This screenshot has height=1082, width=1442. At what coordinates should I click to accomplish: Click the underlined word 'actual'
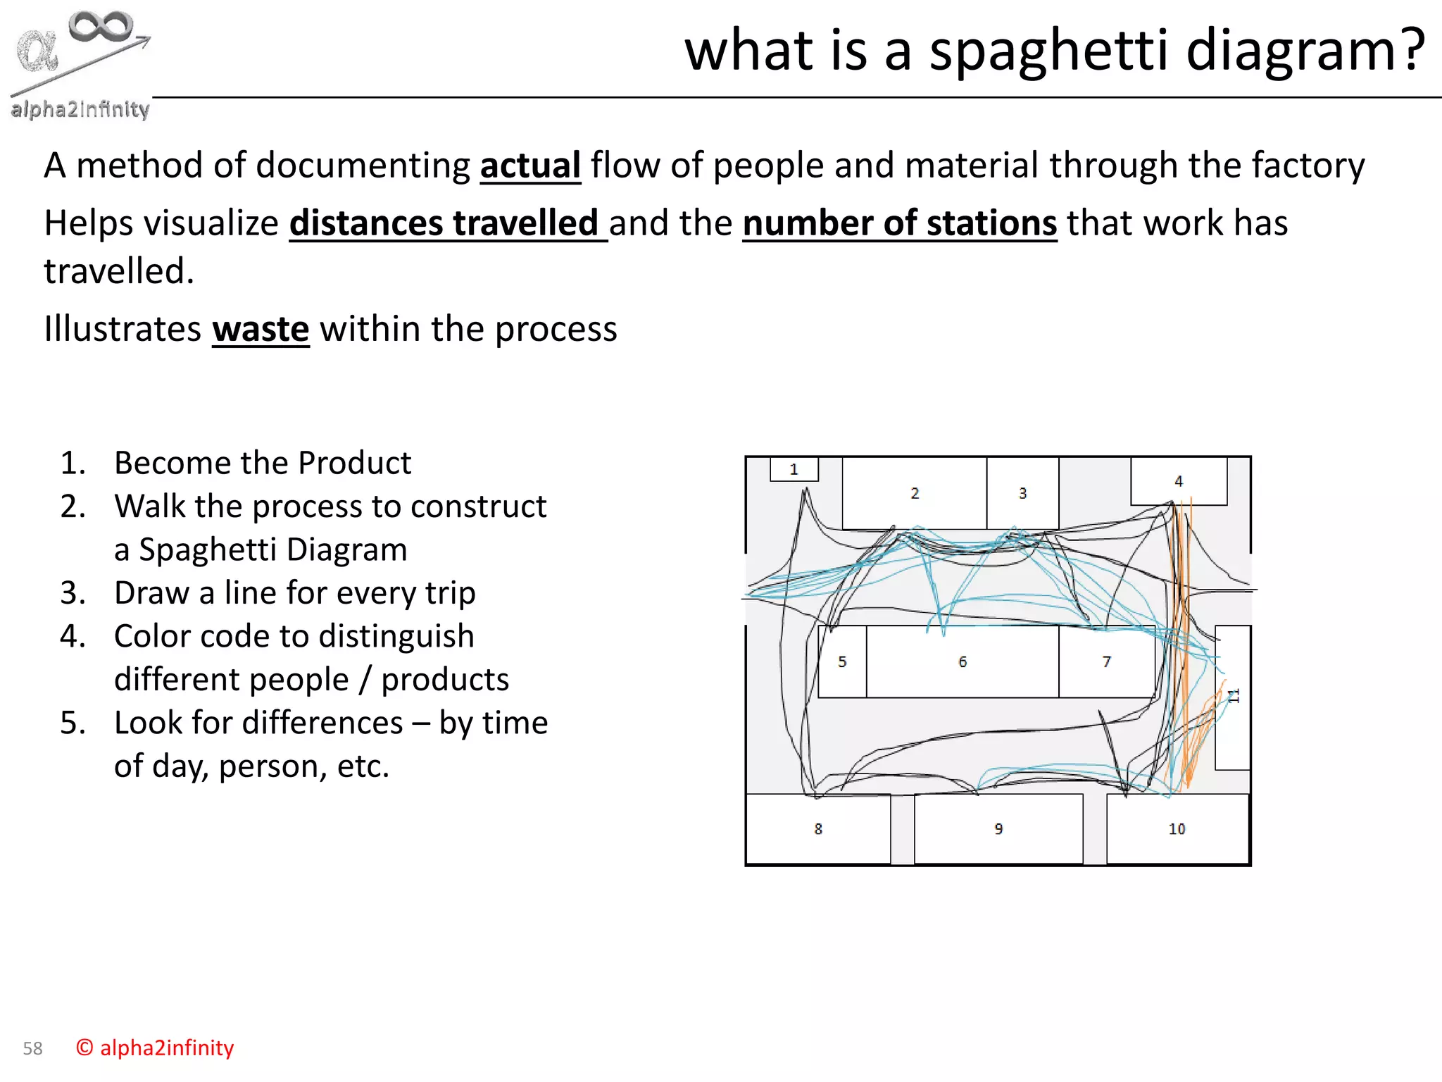pyautogui.click(x=530, y=166)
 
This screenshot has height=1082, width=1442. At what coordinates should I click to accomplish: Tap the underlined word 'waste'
pyautogui.click(x=261, y=330)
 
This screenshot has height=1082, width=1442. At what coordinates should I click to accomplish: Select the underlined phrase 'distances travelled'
pyautogui.click(x=448, y=223)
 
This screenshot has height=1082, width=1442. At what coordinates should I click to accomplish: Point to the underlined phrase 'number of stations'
pyautogui.click(x=899, y=223)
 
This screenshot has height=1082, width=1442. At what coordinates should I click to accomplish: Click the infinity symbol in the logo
pyautogui.click(x=101, y=27)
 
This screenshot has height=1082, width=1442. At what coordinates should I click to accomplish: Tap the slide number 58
pyautogui.click(x=32, y=1048)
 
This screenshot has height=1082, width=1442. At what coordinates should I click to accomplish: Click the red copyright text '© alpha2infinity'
pyautogui.click(x=155, y=1047)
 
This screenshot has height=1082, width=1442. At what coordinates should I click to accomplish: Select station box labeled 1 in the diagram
pyautogui.click(x=794, y=469)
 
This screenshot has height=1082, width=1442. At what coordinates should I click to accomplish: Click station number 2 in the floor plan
pyautogui.click(x=914, y=493)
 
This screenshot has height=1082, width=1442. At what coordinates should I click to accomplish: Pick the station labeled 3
pyautogui.click(x=1022, y=493)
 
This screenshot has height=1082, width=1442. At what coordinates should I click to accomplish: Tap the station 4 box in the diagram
pyautogui.click(x=1178, y=481)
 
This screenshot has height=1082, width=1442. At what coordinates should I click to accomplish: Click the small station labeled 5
pyautogui.click(x=842, y=661)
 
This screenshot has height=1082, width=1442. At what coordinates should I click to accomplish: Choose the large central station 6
pyautogui.click(x=962, y=661)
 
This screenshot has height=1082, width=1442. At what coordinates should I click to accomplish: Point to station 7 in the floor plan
pyautogui.click(x=1106, y=661)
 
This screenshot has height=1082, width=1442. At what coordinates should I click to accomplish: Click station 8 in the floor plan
pyautogui.click(x=817, y=828)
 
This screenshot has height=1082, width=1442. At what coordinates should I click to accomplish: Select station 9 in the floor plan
pyautogui.click(x=998, y=828)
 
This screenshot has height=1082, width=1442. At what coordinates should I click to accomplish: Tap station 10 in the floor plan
pyautogui.click(x=1177, y=828)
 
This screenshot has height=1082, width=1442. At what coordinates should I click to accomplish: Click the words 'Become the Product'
pyautogui.click(x=262, y=463)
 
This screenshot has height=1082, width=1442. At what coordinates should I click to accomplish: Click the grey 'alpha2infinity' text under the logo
pyautogui.click(x=80, y=109)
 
